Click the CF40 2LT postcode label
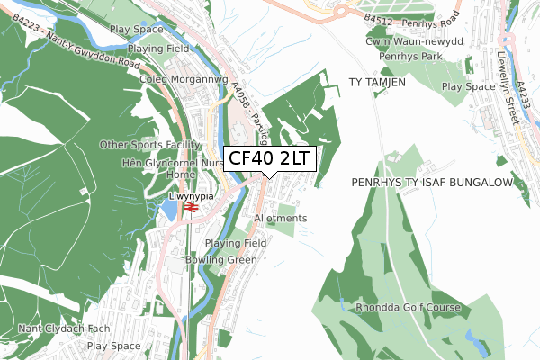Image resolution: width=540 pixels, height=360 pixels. point(269,158)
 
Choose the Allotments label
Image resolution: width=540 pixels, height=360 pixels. point(281,219)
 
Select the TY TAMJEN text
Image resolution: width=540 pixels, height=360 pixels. point(377,82)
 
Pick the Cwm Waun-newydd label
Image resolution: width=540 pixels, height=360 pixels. point(413,41)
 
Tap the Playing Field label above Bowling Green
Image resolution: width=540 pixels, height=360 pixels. point(236,243)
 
